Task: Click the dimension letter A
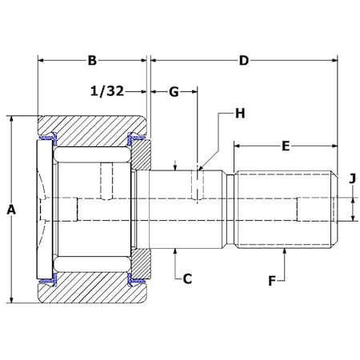pyautogui.click(x=11, y=210)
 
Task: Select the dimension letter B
pyautogui.click(x=92, y=60)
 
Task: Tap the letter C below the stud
pyautogui.click(x=186, y=278)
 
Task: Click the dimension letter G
pyautogui.click(x=173, y=92)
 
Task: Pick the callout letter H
pyautogui.click(x=239, y=114)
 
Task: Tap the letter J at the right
pyautogui.click(x=351, y=178)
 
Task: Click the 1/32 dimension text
pyautogui.click(x=108, y=92)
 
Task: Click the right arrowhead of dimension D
pyautogui.click(x=331, y=60)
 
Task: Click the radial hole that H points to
pyautogui.click(x=197, y=186)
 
